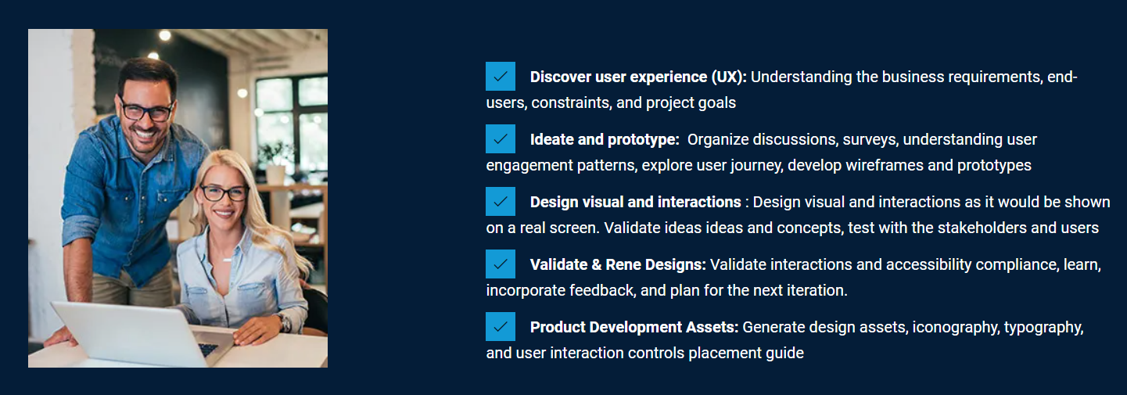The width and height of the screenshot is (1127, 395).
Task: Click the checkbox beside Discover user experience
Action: pos(500,77)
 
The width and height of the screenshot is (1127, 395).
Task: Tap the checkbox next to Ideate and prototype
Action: pos(500,139)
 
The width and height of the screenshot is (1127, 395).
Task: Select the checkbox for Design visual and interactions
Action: pos(500,201)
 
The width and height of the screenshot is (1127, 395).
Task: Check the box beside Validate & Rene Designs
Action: pos(500,264)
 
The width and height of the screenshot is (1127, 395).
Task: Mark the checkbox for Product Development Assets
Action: pos(500,327)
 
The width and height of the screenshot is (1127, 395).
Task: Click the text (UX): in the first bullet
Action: pos(729,77)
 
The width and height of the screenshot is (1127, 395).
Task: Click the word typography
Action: pos(1044,328)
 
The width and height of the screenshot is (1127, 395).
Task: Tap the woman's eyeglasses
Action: pos(224,192)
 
